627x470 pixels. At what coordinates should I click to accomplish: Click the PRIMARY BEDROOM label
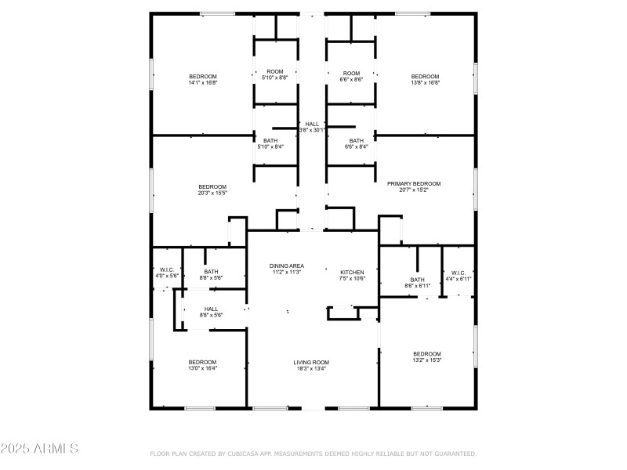[x=414, y=183]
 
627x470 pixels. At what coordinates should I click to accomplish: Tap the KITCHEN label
[x=352, y=272]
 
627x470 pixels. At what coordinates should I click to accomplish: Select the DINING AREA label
[x=287, y=266]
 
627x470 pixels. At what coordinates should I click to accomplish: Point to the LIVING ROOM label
[x=311, y=362]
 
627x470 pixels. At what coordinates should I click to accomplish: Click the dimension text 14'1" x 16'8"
[x=202, y=82]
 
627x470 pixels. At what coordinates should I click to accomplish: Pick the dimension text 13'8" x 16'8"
[x=426, y=82]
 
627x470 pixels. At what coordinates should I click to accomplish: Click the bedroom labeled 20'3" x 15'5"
[x=212, y=186]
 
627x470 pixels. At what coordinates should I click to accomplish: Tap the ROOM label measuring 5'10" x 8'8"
[x=274, y=72]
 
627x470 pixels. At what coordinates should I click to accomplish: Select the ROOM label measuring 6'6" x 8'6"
[x=351, y=73]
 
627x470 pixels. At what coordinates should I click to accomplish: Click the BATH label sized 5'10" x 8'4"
[x=270, y=140]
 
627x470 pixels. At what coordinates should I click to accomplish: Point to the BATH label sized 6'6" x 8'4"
[x=357, y=140]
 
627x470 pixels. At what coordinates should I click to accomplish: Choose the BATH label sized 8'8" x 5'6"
[x=212, y=272]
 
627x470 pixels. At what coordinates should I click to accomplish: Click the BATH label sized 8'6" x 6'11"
[x=417, y=280]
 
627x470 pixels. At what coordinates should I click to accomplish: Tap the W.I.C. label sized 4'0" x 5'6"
[x=166, y=269]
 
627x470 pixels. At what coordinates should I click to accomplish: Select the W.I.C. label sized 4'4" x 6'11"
[x=458, y=273]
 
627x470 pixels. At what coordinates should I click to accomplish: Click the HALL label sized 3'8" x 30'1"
[x=312, y=124]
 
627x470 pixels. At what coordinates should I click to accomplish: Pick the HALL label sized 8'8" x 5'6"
[x=212, y=309]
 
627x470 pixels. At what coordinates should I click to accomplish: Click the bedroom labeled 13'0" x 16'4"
[x=202, y=362]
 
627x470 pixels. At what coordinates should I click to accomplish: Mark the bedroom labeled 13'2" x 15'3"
[x=427, y=353]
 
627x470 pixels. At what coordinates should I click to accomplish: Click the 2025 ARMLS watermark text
[x=39, y=449]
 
